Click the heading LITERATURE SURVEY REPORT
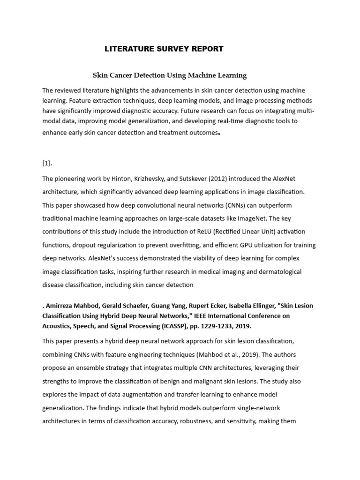pyautogui.click(x=163, y=49)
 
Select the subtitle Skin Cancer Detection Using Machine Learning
pyautogui.click(x=169, y=75)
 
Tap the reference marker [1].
pyautogui.click(x=47, y=163)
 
